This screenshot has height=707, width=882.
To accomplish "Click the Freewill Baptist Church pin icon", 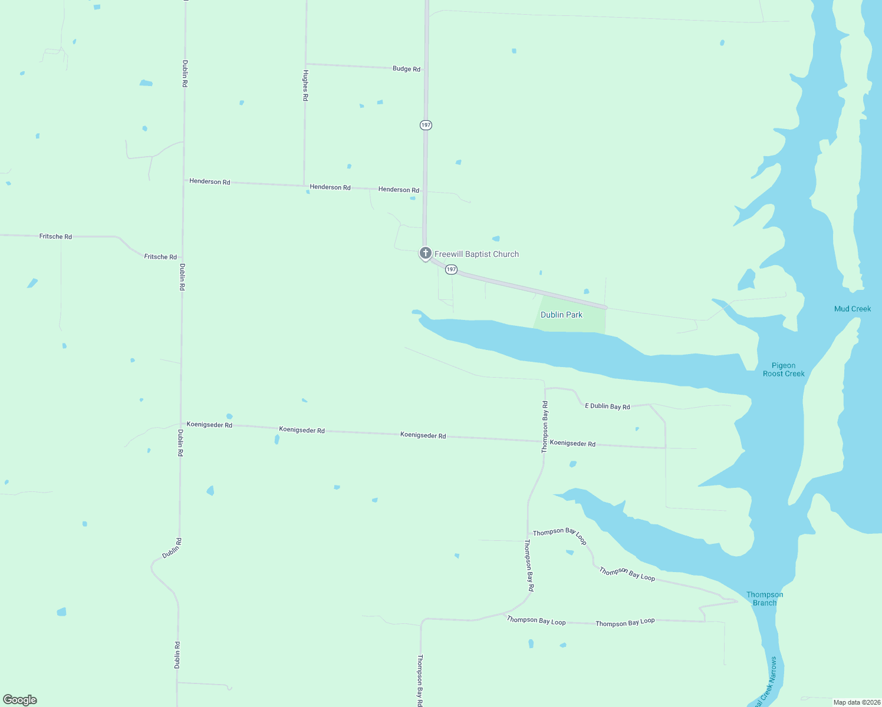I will tap(425, 253).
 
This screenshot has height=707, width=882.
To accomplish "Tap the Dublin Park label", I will tap(561, 315).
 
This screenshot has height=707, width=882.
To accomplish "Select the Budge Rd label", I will tap(406, 69).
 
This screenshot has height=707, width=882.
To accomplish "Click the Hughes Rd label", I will tap(305, 85).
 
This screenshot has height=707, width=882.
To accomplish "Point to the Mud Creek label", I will tap(852, 309).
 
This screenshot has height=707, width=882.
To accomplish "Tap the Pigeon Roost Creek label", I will tap(784, 369).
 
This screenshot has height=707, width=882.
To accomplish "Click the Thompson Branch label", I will tap(765, 599).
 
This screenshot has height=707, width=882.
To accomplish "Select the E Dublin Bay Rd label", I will tap(607, 406).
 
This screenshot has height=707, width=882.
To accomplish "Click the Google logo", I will tap(20, 700).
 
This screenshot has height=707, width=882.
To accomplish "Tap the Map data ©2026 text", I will tap(857, 702).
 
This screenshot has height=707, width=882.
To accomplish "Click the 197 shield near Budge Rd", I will tap(426, 125).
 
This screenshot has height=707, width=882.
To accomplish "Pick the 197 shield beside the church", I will tap(451, 269).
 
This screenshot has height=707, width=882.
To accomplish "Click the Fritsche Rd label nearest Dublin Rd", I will tap(160, 257).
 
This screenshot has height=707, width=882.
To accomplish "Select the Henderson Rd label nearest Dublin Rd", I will tap(209, 181).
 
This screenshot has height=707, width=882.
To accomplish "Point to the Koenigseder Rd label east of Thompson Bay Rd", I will tap(572, 444).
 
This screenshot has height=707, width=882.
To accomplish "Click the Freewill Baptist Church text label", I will tap(476, 254).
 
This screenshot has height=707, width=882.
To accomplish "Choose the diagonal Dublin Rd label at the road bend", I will tap(172, 548).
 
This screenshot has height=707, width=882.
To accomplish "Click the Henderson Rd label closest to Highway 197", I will tap(399, 190).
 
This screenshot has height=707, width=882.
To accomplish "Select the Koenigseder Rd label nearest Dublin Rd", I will tap(209, 424).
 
